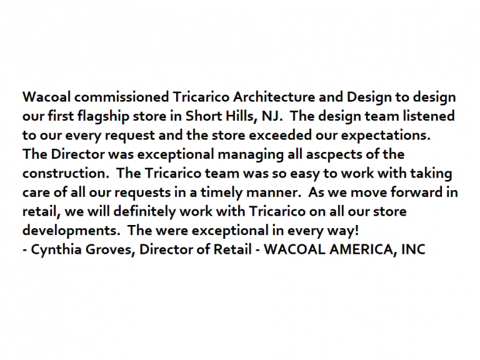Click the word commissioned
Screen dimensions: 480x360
121,97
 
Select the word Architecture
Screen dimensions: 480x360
274,97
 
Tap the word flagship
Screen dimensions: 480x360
103,117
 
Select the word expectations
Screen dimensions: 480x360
386,136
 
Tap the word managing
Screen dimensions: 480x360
251,154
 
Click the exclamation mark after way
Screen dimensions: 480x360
356,230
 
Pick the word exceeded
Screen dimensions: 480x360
280,135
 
